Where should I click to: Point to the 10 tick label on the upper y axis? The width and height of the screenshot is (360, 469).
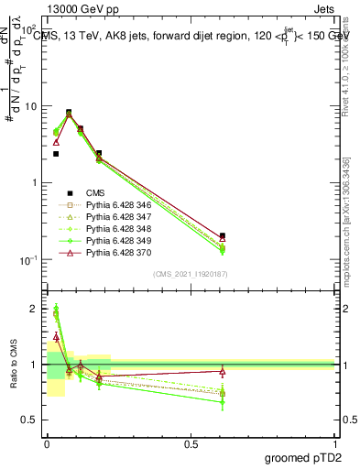[32, 106]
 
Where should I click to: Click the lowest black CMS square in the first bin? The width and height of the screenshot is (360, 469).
[56, 154]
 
